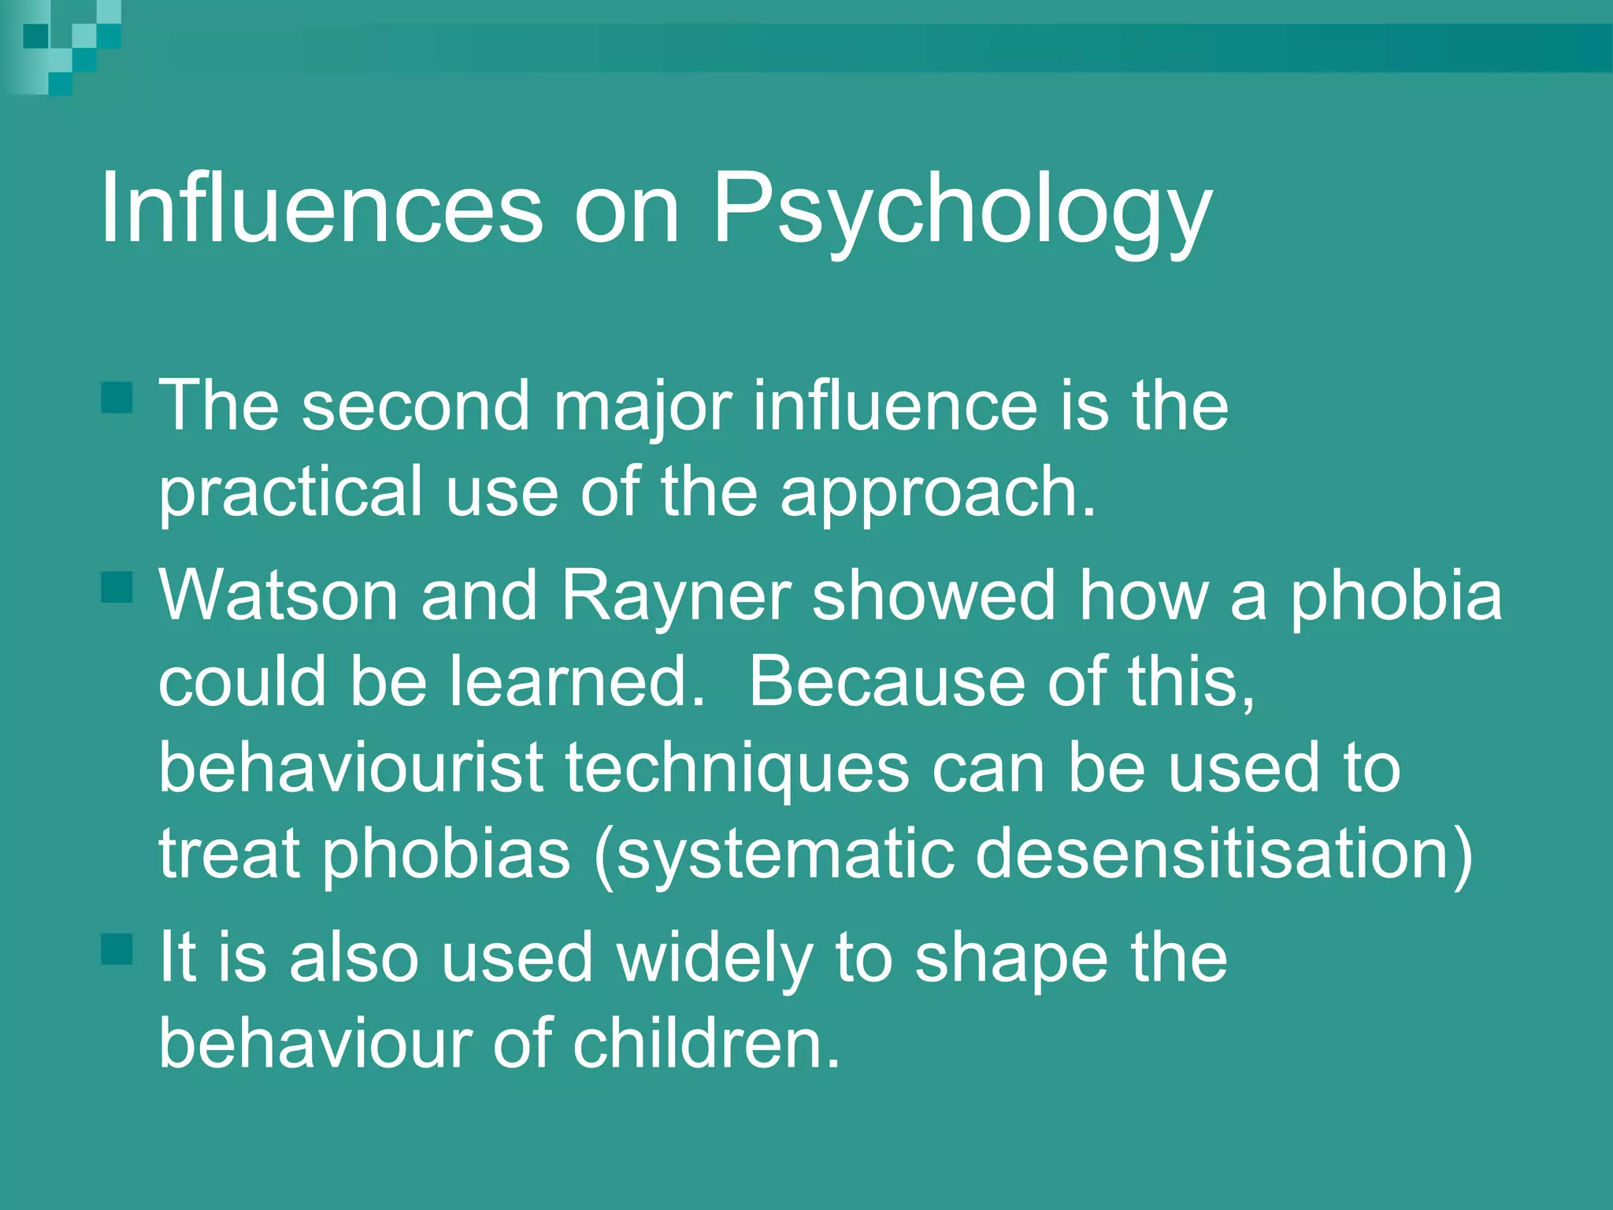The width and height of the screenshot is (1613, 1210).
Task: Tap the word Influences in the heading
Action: [321, 209]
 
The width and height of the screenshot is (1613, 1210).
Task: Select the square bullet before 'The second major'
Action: [117, 398]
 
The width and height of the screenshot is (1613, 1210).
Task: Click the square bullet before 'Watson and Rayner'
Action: [117, 587]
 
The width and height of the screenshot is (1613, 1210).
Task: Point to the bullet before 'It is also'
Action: [117, 949]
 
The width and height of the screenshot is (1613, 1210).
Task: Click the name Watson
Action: [279, 596]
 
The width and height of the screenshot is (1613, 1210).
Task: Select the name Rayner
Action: [676, 596]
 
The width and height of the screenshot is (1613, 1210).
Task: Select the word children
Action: [706, 1044]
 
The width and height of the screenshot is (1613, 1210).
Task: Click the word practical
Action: [291, 492]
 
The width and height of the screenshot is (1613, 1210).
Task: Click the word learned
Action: [577, 681]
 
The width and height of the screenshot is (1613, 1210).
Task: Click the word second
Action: [416, 406]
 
